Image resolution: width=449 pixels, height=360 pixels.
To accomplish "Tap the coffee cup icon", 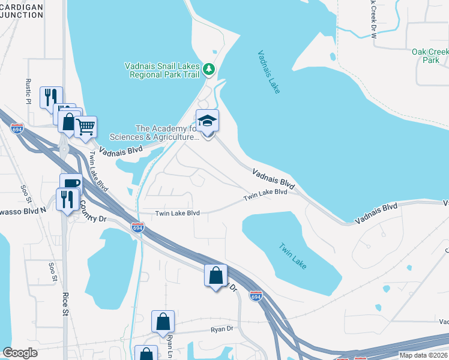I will click(71, 183).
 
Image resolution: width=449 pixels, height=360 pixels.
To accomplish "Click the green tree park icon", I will click(208, 70).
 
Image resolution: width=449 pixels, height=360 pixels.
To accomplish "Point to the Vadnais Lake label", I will click(269, 71).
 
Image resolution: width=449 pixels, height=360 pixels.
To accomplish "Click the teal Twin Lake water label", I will click(292, 253).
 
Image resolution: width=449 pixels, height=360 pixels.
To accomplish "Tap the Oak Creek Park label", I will click(430, 56).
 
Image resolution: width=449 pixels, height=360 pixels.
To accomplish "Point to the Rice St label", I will click(65, 303).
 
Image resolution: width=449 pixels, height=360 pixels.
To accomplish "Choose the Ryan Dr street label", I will click(221, 329).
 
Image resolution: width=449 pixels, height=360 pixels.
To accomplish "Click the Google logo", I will click(20, 353).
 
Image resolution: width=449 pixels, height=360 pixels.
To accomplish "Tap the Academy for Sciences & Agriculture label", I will click(167, 133).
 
